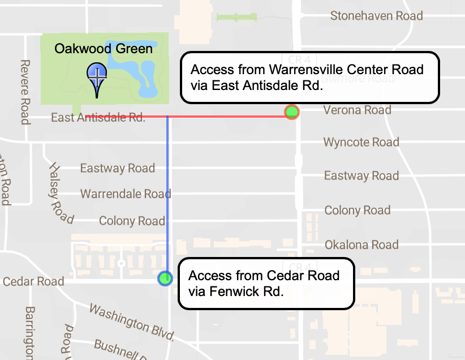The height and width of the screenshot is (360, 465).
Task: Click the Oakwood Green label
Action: click(104, 49)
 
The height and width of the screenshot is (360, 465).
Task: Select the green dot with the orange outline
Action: click(291, 112)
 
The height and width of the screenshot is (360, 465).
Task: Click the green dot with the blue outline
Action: click(165, 278)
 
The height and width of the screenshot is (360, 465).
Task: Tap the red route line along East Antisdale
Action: click(226, 116)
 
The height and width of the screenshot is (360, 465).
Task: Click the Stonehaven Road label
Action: click(376, 16)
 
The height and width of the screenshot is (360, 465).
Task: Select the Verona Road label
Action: click(357, 110)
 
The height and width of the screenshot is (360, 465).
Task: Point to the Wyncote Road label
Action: click(361, 142)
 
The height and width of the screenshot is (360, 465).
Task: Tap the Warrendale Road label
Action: click(125, 194)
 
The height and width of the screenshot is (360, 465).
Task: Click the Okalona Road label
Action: click(361, 245)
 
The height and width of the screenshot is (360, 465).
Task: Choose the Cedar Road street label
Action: click(33, 281)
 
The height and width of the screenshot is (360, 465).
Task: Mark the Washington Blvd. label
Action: click(131, 323)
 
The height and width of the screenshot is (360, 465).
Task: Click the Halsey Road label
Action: click(61, 192)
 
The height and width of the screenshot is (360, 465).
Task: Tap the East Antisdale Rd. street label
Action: click(98, 118)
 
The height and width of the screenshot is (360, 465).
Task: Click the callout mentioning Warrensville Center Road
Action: click(309, 78)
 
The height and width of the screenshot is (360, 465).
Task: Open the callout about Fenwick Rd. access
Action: click(266, 284)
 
